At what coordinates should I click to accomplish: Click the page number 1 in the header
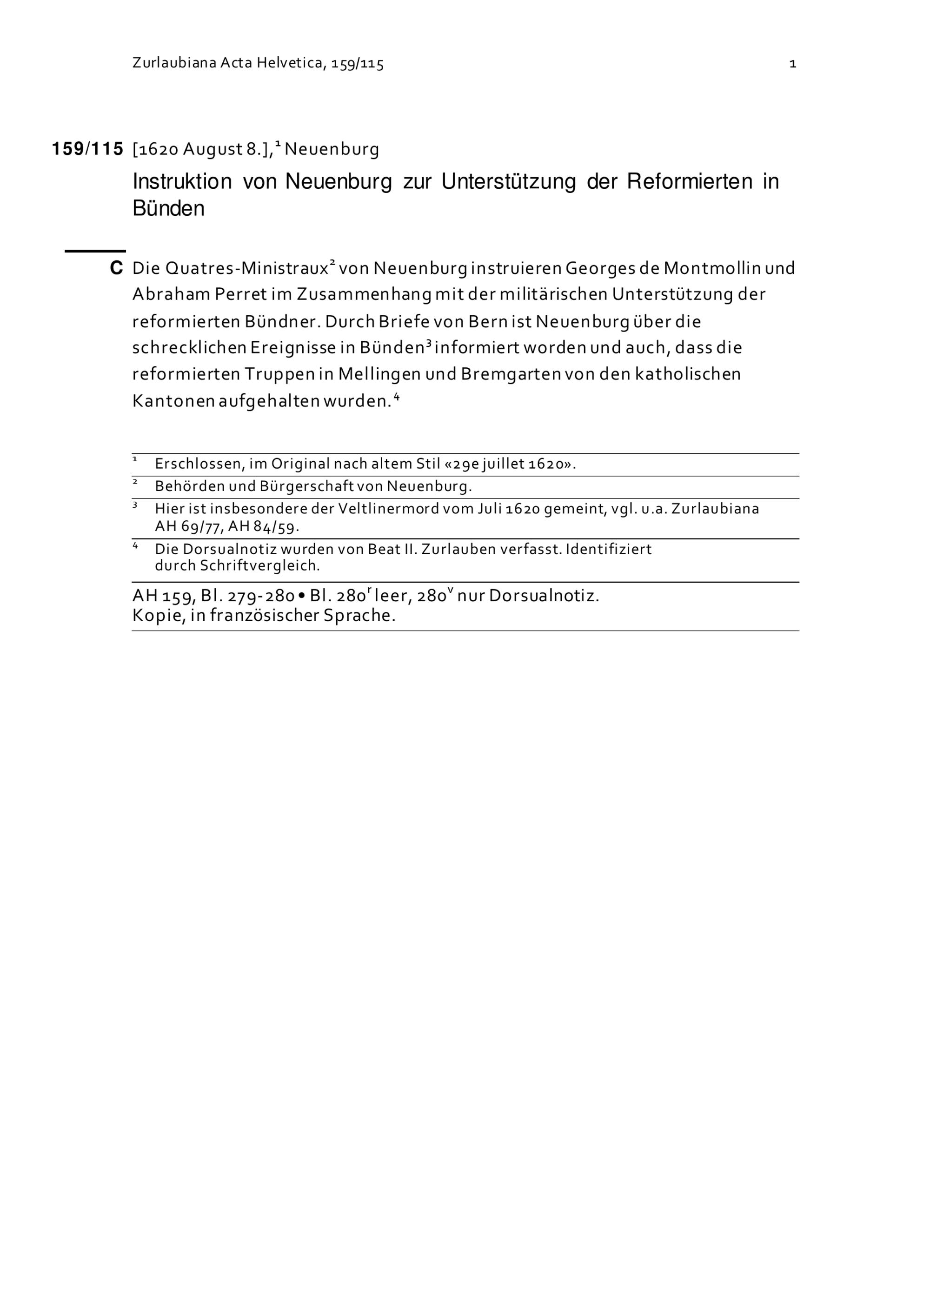tap(792, 64)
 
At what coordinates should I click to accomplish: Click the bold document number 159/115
tap(87, 149)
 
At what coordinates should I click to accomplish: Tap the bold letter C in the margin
tap(116, 268)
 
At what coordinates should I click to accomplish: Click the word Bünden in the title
tap(168, 208)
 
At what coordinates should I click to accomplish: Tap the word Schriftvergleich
tap(259, 566)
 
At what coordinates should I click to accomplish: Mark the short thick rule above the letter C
tap(95, 251)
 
